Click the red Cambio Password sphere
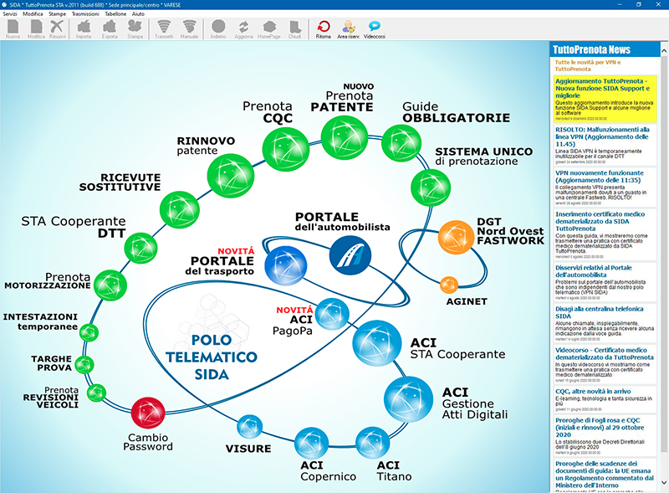(x=148, y=413)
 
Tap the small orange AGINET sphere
(x=450, y=285)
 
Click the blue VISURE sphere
(x=248, y=427)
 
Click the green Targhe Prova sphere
(x=84, y=364)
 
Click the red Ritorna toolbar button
(x=324, y=29)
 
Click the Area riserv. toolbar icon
(x=348, y=29)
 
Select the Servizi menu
(x=10, y=14)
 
